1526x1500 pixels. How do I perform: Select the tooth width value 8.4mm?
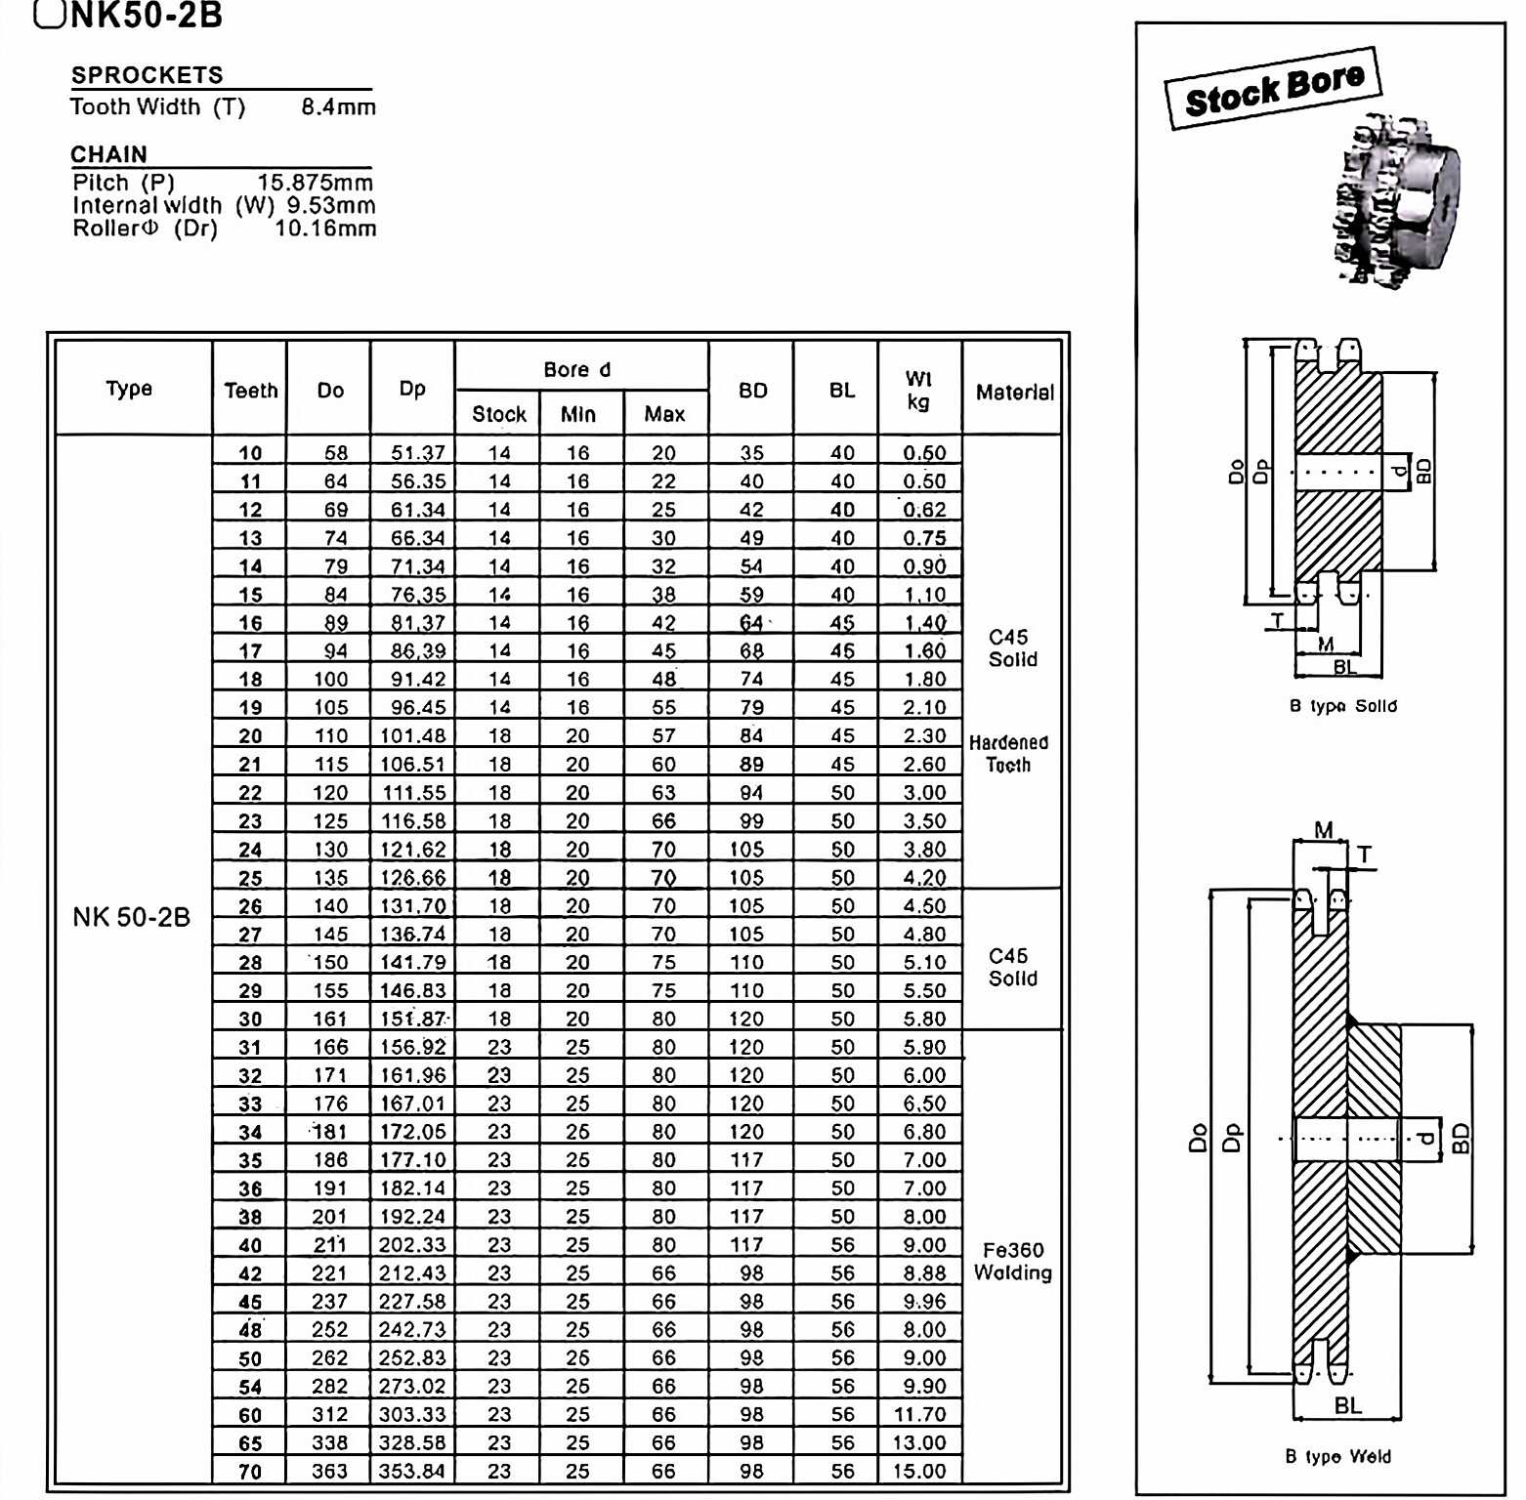(x=338, y=107)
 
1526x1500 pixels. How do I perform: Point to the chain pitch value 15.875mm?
(x=315, y=183)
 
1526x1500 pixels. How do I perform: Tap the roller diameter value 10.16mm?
(x=324, y=229)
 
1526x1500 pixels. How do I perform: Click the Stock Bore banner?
(x=1273, y=89)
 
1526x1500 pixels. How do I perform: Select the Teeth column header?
(x=250, y=391)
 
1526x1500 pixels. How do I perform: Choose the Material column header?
(x=1013, y=393)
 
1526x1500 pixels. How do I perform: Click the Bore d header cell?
(x=576, y=370)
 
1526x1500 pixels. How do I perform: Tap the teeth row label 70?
(x=250, y=1472)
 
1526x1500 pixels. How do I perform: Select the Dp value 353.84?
(x=412, y=1472)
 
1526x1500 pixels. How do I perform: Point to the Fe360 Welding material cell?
(x=1013, y=1262)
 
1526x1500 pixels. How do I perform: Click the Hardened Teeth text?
(x=1008, y=754)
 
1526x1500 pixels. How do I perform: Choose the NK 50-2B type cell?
(x=131, y=917)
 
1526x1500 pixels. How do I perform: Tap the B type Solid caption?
(x=1342, y=706)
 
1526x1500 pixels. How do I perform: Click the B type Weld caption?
(x=1337, y=1457)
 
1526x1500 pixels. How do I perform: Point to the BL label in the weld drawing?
(x=1347, y=1406)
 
